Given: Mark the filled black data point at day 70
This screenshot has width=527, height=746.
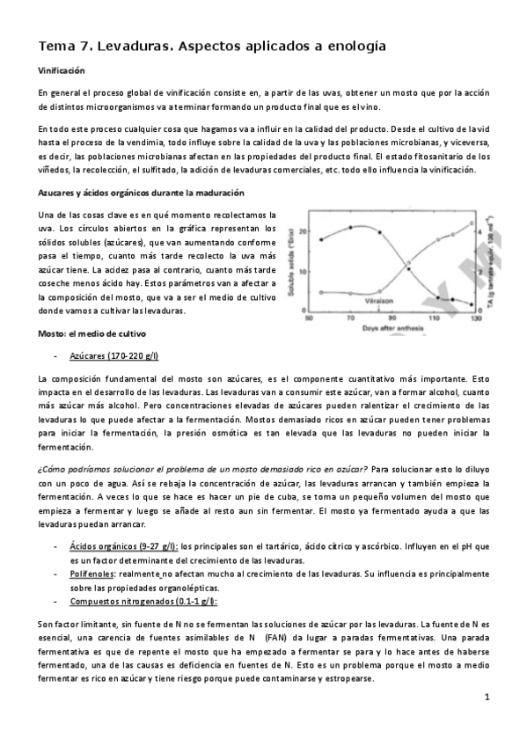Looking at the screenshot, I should click(352, 226).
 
